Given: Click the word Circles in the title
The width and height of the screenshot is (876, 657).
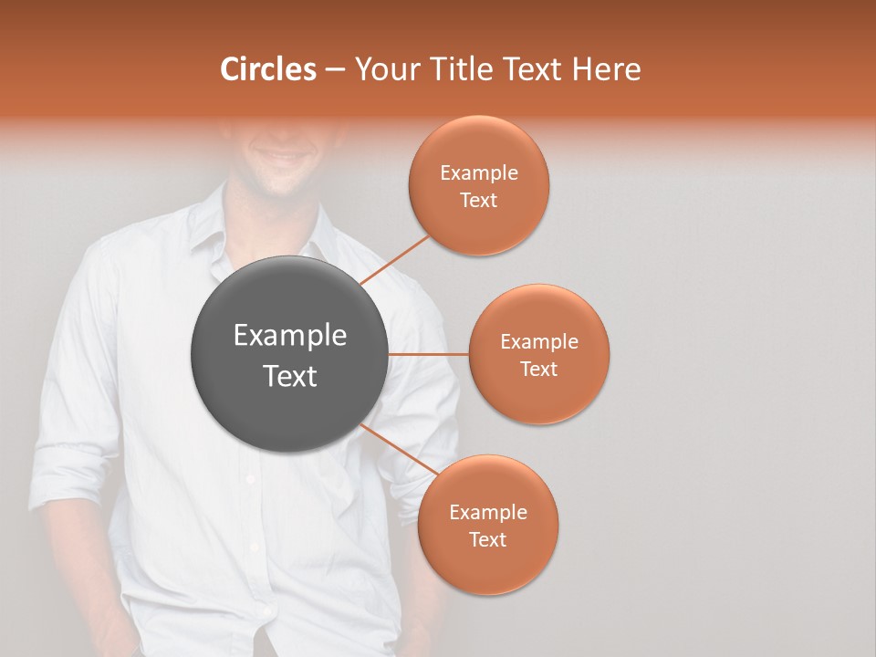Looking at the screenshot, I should click(267, 69).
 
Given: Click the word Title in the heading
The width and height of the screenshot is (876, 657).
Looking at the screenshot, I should click(458, 69).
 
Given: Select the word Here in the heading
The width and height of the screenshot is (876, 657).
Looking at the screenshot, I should click(606, 69).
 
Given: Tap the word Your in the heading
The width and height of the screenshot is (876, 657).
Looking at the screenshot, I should click(386, 69).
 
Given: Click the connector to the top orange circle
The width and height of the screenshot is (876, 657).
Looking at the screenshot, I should click(395, 259).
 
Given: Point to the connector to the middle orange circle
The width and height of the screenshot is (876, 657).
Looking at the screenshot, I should click(428, 354).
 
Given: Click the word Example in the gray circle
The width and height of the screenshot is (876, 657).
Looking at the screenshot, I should click(289, 336).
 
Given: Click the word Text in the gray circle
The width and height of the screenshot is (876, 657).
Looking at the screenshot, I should click(289, 376).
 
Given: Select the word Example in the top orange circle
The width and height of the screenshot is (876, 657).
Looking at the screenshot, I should click(478, 173).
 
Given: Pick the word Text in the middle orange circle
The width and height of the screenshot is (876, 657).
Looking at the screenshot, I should click(538, 369).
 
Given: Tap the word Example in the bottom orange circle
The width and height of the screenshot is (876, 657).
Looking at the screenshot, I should click(487, 512).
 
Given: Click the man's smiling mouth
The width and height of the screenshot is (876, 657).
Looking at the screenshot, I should click(280, 159).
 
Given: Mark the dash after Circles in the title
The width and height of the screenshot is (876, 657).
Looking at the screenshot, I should click(335, 70).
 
